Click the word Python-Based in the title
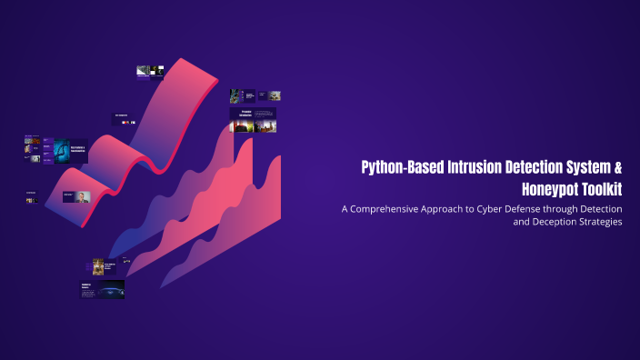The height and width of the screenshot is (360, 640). pyautogui.click(x=395, y=167)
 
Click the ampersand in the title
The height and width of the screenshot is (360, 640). pyautogui.click(x=617, y=167)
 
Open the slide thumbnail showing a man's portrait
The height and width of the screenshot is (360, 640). pyautogui.click(x=77, y=196)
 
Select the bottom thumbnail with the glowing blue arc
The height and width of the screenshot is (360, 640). pyautogui.click(x=102, y=290)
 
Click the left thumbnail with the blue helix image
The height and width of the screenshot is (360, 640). pyautogui.click(x=65, y=151)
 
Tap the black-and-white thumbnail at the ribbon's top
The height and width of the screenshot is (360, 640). pyautogui.click(x=149, y=71)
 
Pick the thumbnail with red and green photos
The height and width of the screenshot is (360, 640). pyautogui.click(x=254, y=121)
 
